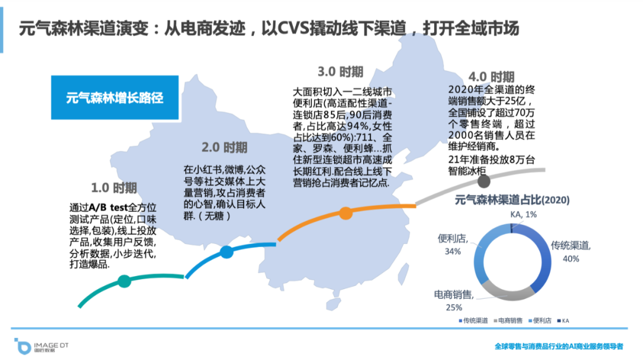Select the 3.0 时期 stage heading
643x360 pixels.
tap(340, 72)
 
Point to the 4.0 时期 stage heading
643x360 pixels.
tap(491, 77)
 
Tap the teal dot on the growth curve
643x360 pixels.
tap(124, 281)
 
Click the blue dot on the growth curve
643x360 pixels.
tap(226, 252)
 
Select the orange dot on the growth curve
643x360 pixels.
tap(345, 212)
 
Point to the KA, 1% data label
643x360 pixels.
tap(524, 214)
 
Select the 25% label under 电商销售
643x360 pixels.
tap(454, 308)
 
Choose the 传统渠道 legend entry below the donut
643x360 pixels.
tap(473, 321)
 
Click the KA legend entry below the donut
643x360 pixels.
tap(563, 321)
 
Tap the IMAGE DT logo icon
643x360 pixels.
tap(21, 345)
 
